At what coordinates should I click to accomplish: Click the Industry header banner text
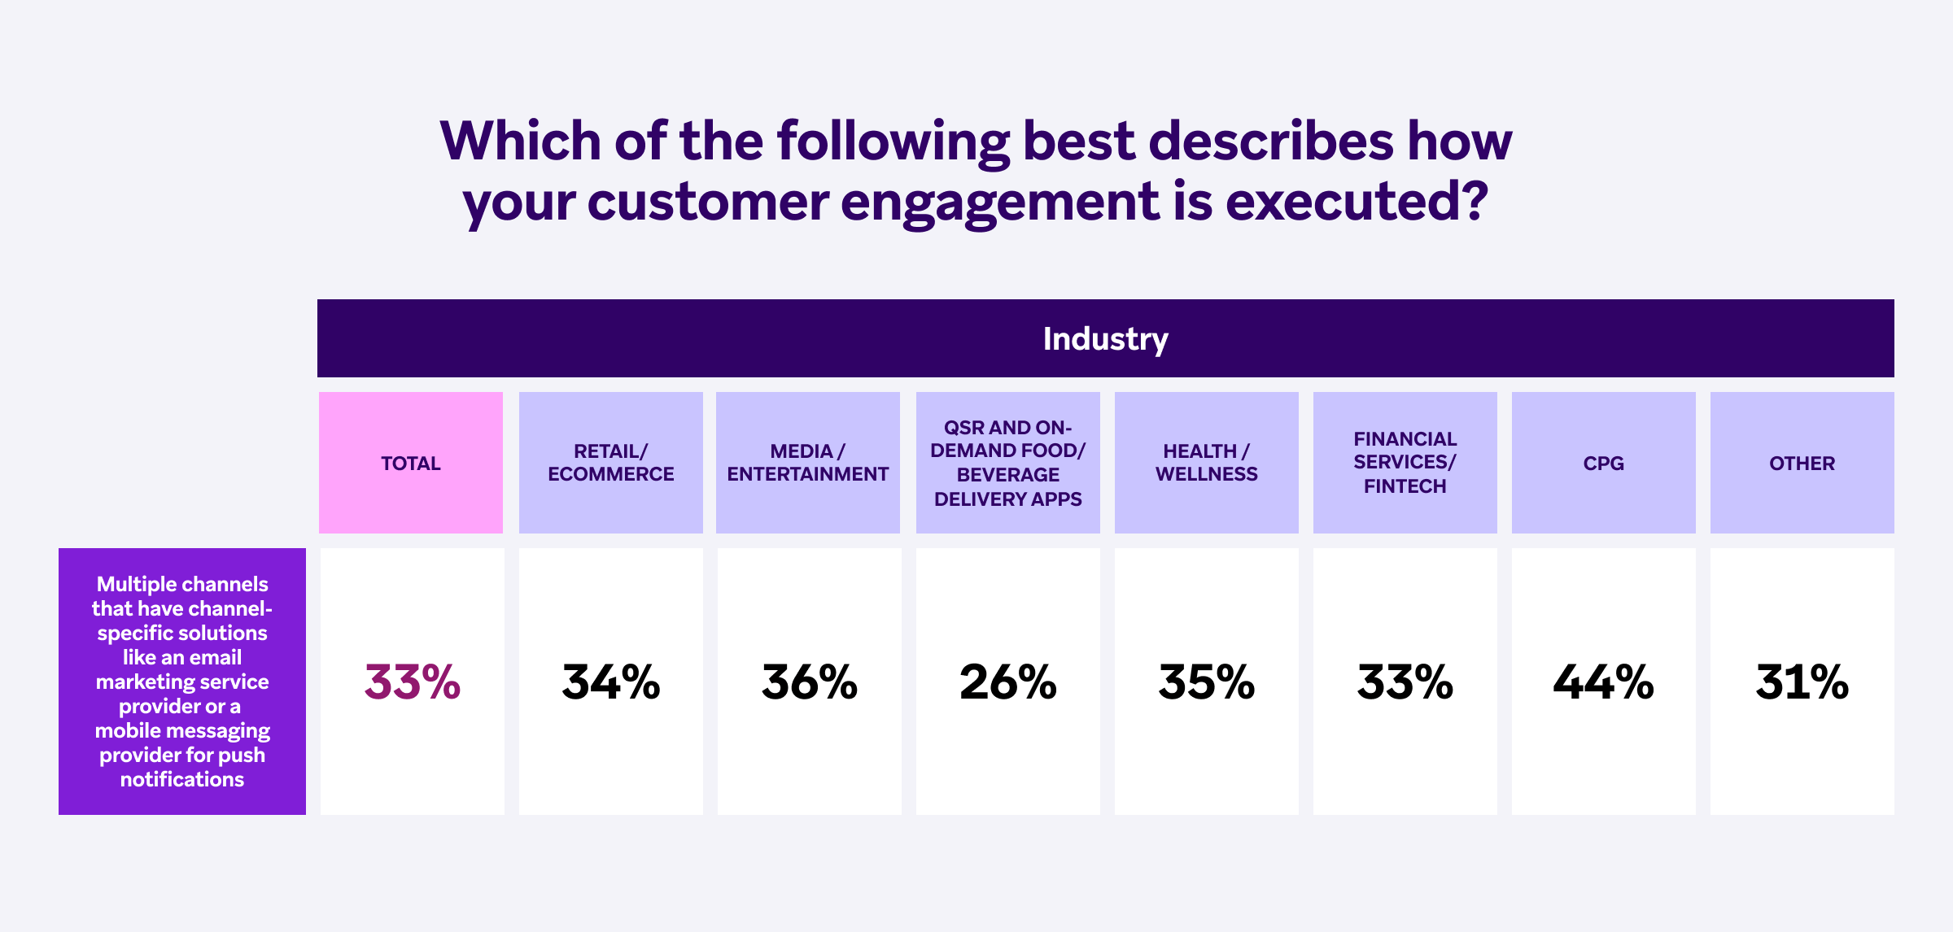click(x=1105, y=339)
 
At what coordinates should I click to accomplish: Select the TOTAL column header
click(x=411, y=464)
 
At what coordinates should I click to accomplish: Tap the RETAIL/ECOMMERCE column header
click(x=610, y=463)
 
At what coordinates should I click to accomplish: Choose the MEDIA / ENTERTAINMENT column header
click(x=808, y=463)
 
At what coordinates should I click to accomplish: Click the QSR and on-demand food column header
click(x=1007, y=463)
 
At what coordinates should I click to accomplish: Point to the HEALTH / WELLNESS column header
click(x=1206, y=463)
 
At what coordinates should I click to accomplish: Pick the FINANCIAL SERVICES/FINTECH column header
click(x=1405, y=463)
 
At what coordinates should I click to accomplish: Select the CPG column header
click(x=1603, y=464)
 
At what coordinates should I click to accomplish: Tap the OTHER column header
click(x=1802, y=464)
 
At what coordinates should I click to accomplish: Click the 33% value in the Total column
click(x=413, y=682)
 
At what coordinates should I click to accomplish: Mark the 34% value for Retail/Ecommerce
click(x=610, y=682)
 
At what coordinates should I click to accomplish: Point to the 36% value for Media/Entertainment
click(x=809, y=682)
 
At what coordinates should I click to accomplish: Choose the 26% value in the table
click(x=1007, y=682)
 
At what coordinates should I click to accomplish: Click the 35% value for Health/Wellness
click(x=1206, y=682)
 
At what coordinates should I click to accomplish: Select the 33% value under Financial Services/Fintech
click(x=1405, y=682)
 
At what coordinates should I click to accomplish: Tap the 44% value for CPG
click(x=1603, y=682)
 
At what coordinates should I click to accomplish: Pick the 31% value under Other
click(x=1802, y=682)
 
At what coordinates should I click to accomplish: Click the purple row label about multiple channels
click(x=182, y=682)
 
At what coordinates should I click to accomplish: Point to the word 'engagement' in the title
click(x=1000, y=202)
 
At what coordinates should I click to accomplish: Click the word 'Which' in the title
click(x=520, y=141)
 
